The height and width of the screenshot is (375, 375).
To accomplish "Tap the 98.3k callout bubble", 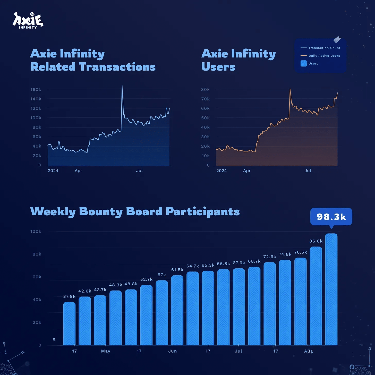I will [331, 217].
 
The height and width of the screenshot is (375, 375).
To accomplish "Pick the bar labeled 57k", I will [162, 313].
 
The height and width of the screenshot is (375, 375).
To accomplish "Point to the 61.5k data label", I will [177, 270].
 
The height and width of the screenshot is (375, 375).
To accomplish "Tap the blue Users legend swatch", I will [304, 63].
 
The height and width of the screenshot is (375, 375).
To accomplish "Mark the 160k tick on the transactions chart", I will [36, 90].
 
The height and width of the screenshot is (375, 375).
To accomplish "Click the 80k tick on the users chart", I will [205, 90].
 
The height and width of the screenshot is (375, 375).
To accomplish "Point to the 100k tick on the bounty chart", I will [36, 232].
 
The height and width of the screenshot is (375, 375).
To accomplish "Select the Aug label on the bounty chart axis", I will [308, 351].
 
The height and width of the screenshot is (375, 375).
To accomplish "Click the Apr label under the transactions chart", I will [78, 171].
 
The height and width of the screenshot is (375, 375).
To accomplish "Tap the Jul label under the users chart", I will [308, 171].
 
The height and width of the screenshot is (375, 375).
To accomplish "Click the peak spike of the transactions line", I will [122, 86].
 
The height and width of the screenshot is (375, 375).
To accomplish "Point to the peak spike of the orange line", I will [290, 89].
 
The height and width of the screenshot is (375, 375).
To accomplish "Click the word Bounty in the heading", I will [101, 212].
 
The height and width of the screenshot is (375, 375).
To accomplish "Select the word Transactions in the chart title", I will [117, 67].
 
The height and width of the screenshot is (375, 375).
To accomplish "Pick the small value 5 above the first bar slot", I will [54, 340].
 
